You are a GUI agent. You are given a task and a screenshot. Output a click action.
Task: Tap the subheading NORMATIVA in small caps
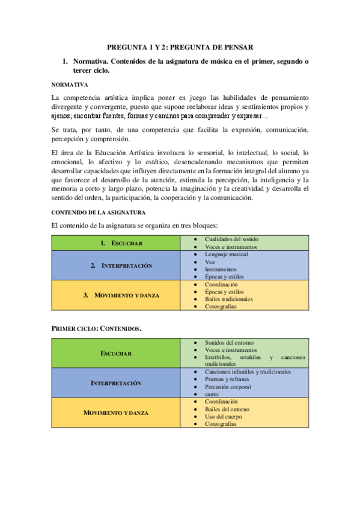[70, 85]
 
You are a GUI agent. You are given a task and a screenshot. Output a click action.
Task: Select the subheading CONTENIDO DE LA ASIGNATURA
[99, 212]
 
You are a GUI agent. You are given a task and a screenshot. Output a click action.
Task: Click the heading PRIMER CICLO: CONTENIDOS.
[97, 328]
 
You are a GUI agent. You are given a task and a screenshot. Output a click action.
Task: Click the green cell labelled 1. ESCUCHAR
[121, 243]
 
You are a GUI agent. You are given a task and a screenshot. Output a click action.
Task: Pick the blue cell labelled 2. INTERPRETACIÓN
[121, 265]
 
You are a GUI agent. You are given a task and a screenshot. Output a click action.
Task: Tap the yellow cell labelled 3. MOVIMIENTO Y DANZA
[121, 295]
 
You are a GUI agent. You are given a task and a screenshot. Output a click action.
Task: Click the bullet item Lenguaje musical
[226, 254]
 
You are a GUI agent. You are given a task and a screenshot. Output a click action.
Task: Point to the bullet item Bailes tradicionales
[228, 299]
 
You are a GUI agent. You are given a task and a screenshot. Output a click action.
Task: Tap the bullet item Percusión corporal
[227, 387]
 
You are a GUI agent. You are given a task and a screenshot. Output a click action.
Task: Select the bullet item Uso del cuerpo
[222, 417]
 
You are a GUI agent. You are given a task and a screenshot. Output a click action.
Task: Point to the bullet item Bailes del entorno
[228, 410]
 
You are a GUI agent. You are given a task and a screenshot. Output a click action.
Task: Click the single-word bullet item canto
[212, 395]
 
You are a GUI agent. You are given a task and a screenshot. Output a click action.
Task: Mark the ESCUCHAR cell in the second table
[116, 353]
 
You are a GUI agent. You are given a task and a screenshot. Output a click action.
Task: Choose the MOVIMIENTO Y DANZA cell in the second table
[116, 413]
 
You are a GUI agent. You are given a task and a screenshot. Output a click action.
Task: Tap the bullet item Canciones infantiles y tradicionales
[248, 372]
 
